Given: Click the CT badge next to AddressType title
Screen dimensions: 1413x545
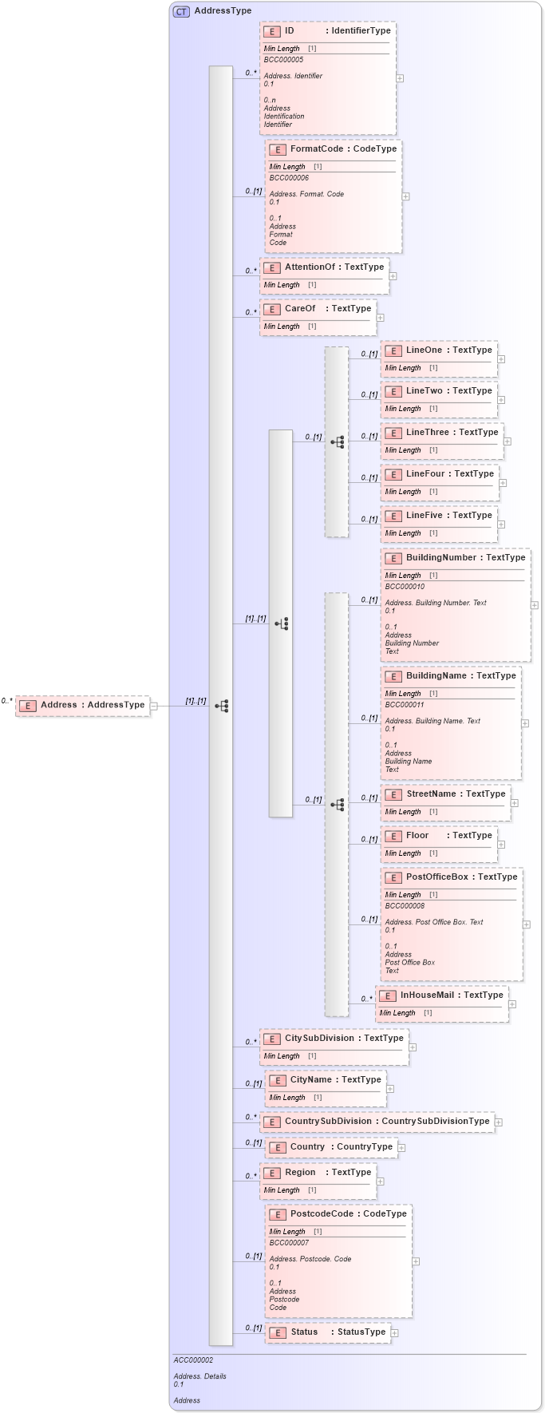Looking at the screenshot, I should pos(181,11).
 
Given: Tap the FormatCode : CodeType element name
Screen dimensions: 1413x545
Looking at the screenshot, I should pos(342,149).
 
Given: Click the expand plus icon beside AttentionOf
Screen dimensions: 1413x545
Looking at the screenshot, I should pos(393,276).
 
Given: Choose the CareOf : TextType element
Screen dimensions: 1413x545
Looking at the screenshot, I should pos(327,309).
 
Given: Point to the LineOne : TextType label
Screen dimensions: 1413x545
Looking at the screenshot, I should pos(448,350).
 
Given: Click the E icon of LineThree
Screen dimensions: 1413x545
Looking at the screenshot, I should pos(393,433).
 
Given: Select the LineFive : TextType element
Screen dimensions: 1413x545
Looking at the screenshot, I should pos(448,516).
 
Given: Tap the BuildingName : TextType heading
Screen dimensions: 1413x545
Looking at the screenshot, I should pos(460,676).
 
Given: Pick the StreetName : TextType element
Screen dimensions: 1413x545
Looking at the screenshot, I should pos(455,794).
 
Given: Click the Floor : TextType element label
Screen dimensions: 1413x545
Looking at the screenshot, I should pos(448,836).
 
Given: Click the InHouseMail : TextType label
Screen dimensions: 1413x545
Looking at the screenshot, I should pos(451,995).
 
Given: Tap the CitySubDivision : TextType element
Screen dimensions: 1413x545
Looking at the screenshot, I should pos(343,1039).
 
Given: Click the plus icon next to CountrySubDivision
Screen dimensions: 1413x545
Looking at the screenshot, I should pos(498,1122).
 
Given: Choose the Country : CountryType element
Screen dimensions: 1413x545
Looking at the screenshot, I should pos(341,1147).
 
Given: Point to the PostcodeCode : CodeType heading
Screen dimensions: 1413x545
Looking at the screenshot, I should pos(348,1214).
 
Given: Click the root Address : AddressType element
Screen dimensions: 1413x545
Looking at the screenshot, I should pos(92,706).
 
